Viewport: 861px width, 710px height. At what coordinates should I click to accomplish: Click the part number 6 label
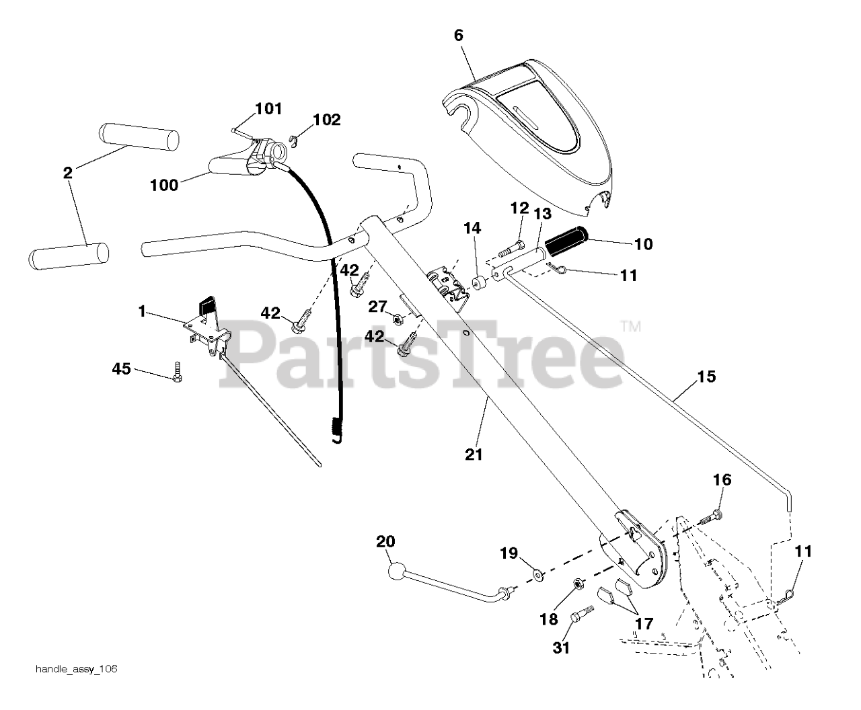click(459, 35)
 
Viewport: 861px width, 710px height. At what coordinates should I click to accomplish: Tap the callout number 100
click(164, 184)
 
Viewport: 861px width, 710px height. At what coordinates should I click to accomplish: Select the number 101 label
click(268, 108)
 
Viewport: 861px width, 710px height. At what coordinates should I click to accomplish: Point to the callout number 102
click(327, 120)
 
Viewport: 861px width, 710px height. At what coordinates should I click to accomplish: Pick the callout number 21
click(474, 455)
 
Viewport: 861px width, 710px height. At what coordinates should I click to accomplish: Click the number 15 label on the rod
click(706, 377)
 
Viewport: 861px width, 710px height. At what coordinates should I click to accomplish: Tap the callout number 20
click(386, 541)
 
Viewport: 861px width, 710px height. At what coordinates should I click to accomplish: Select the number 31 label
click(561, 647)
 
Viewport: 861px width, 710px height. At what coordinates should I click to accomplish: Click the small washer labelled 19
click(538, 574)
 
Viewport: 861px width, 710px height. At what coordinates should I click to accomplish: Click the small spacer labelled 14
click(478, 282)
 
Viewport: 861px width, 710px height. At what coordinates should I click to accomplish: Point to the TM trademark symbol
click(631, 327)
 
